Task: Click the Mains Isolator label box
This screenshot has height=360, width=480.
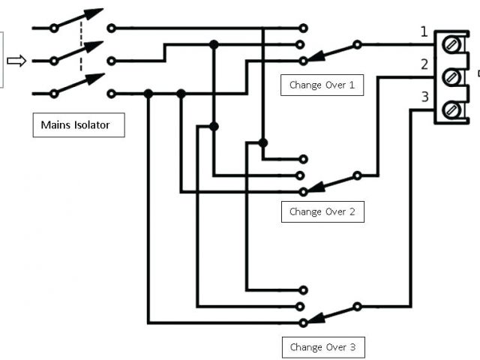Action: coord(78,125)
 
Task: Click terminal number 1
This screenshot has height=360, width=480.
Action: coord(424,31)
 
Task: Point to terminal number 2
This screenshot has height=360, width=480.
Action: coord(424,64)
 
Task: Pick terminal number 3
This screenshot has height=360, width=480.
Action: coord(424,97)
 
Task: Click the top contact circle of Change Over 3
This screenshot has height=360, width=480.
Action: coord(303,289)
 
